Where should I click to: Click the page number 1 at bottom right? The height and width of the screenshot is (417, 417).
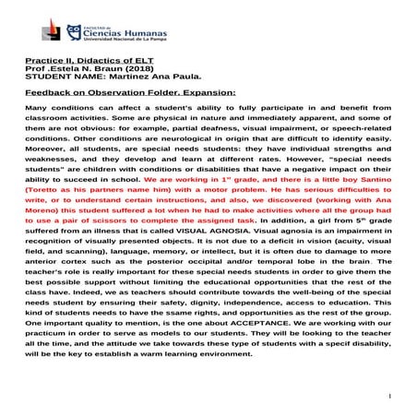click(x=391, y=398)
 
